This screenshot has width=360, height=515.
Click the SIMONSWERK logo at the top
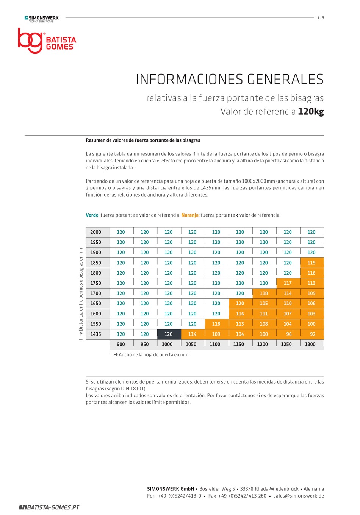[42, 19]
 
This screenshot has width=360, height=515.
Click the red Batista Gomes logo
[47, 41]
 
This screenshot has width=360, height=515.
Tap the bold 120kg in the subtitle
[311, 111]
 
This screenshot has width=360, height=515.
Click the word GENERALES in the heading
[285, 79]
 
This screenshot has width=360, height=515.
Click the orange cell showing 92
[312, 334]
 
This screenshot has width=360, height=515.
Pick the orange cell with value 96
[288, 334]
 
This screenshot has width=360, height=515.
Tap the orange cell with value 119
[312, 262]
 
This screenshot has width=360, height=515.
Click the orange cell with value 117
[288, 283]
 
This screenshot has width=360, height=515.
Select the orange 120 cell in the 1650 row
[241, 303]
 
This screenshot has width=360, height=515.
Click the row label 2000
[96, 232]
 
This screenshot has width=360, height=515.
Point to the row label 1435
[96, 334]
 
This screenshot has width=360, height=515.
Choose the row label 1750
[96, 283]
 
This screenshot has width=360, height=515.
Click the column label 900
[121, 344]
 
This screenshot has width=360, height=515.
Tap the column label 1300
[310, 344]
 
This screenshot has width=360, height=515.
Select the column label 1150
[238, 344]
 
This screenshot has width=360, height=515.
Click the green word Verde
[92, 215]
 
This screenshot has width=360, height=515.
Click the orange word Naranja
[190, 215]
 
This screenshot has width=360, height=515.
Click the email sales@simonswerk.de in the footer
[299, 496]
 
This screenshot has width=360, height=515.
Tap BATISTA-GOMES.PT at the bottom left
[49, 507]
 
